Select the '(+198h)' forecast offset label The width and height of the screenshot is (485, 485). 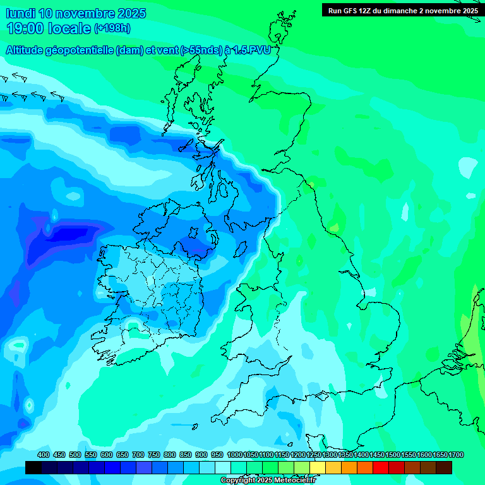112,28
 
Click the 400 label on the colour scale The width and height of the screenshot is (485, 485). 44,455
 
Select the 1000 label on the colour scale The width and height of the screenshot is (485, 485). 234,455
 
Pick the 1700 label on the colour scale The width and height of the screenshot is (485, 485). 456,455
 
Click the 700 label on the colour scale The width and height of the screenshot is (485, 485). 138,455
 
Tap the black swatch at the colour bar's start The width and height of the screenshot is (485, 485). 33,468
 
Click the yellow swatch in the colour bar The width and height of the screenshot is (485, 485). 318,468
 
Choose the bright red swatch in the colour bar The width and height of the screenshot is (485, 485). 381,468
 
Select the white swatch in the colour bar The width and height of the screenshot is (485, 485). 223,468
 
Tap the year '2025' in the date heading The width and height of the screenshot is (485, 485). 132,13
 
